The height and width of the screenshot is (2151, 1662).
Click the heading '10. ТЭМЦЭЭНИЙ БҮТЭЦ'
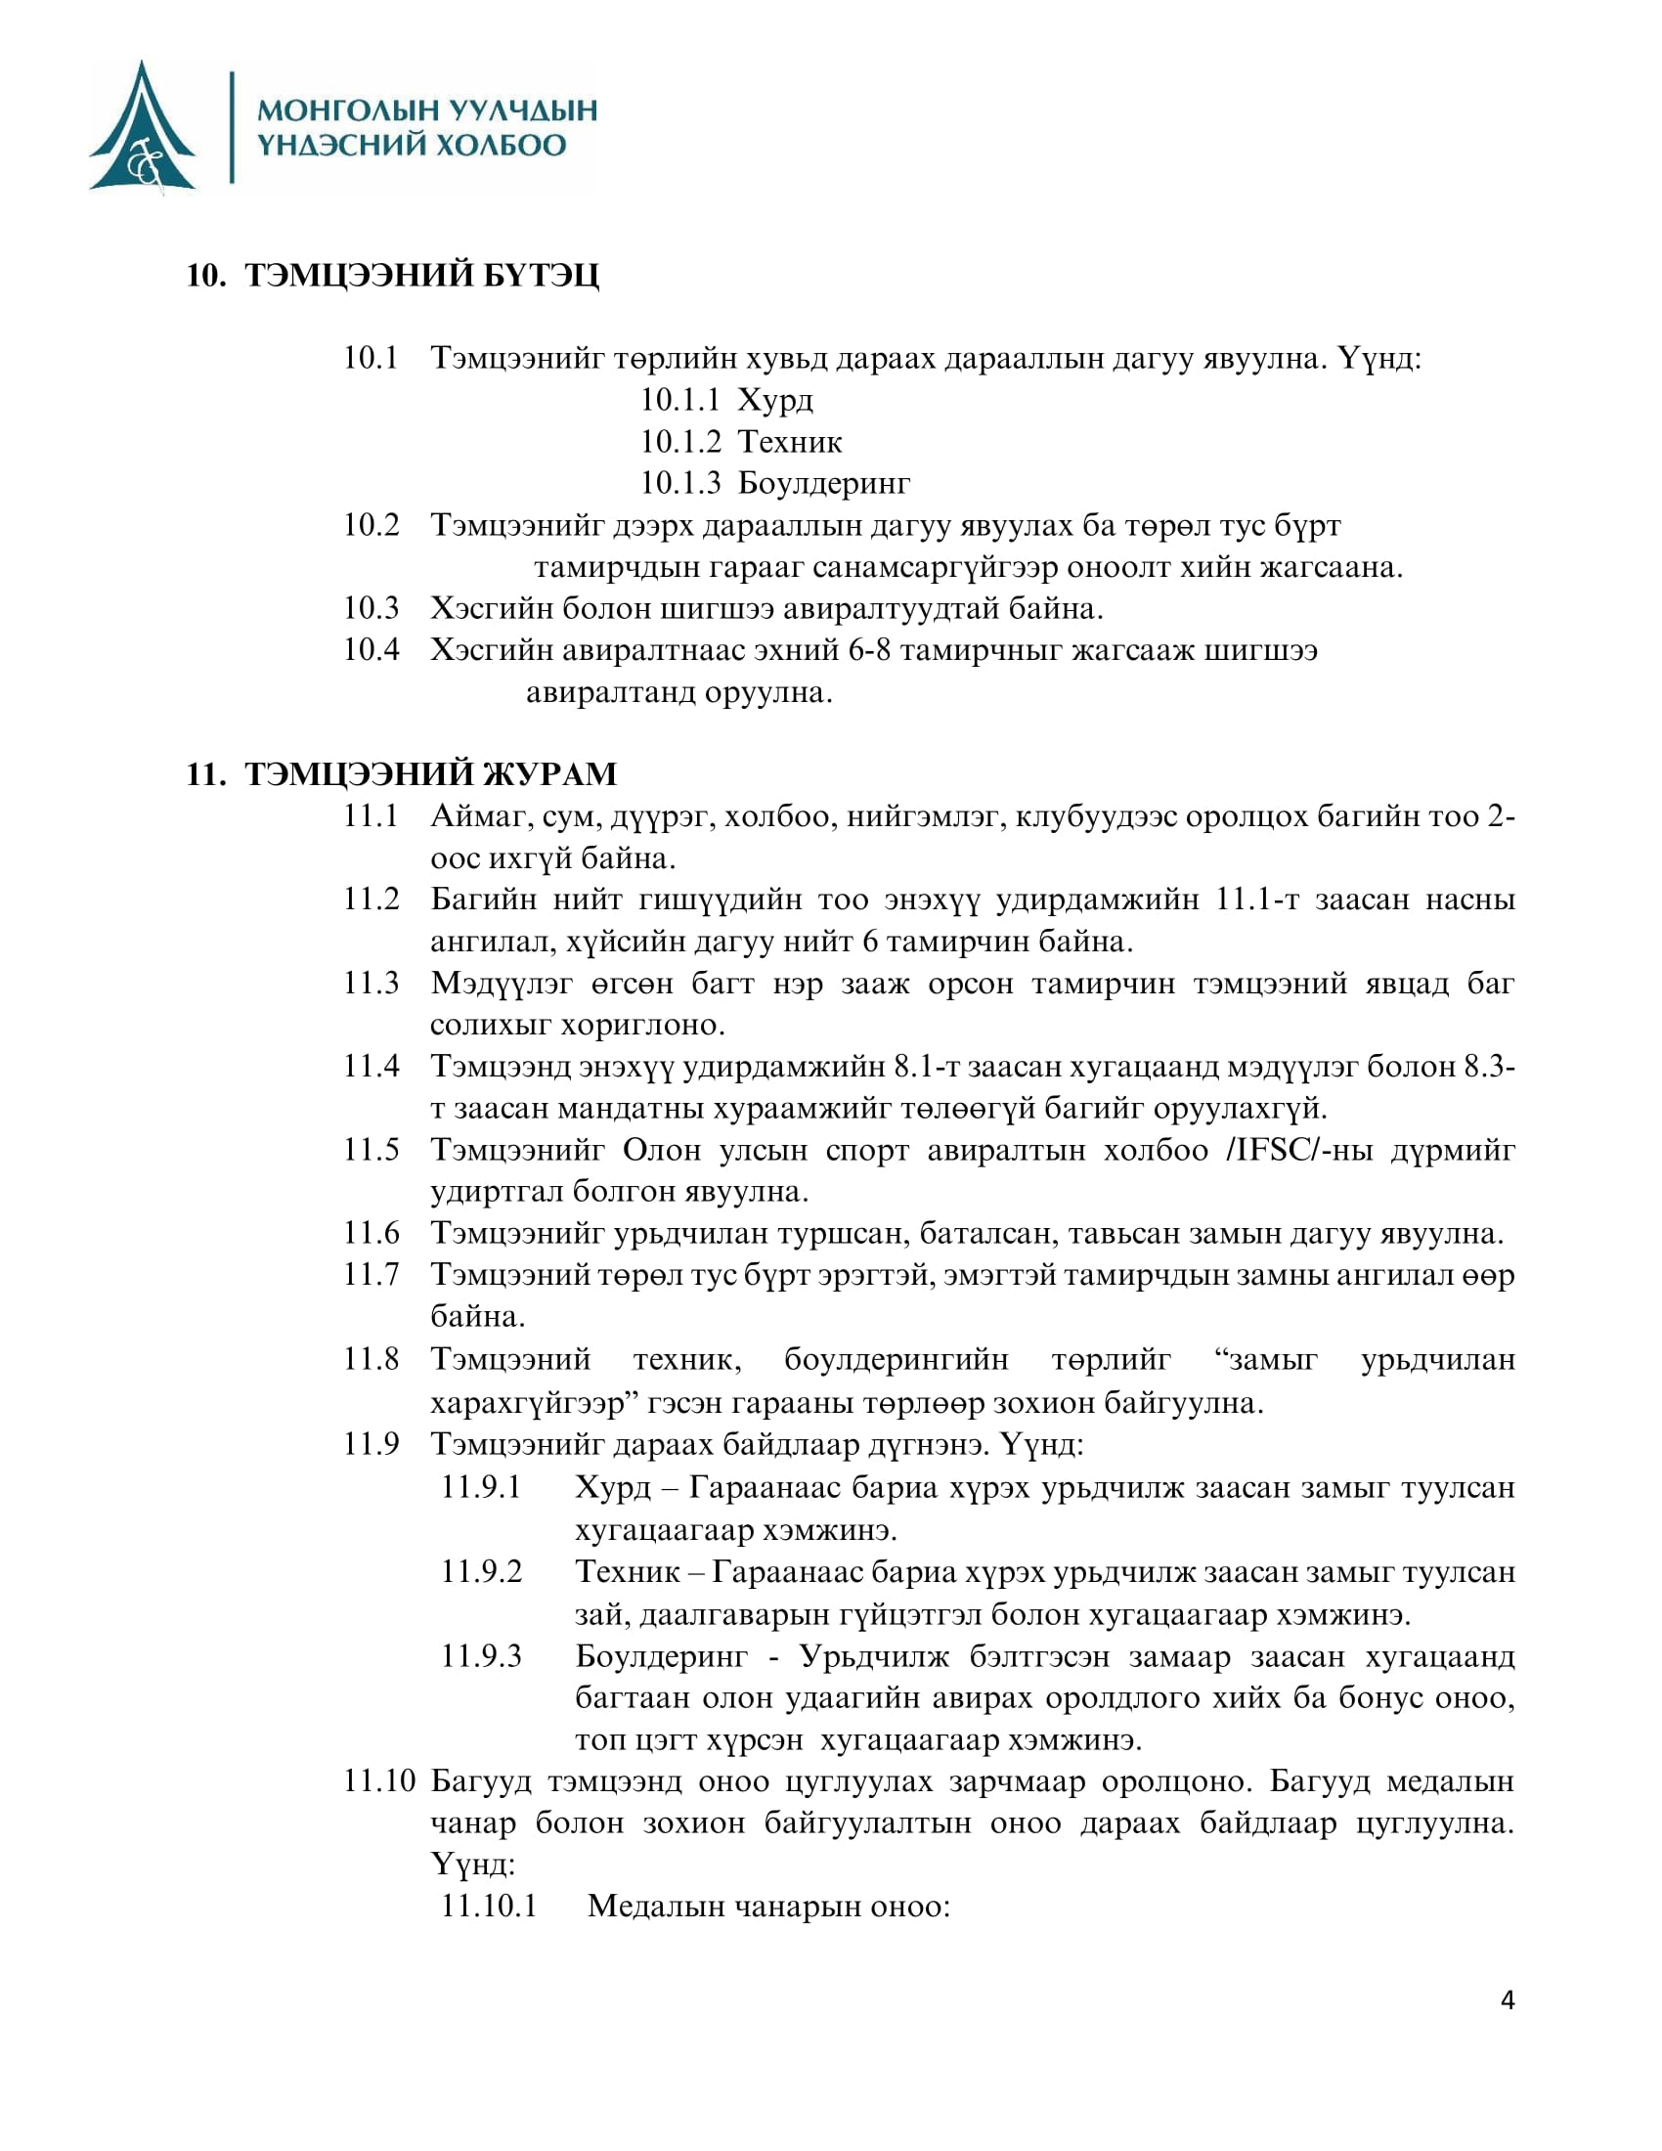point(392,276)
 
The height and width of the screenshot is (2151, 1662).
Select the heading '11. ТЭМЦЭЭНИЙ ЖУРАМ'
point(401,774)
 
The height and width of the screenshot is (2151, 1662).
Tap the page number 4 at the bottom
point(1508,2000)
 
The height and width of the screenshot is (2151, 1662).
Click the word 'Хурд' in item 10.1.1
point(775,400)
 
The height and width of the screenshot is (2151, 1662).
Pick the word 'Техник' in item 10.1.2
point(790,441)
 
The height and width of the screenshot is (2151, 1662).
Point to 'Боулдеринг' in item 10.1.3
point(823,484)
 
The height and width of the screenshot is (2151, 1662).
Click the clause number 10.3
point(372,609)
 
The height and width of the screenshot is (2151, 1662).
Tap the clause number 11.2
point(372,900)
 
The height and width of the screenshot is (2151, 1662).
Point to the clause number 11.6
point(372,1233)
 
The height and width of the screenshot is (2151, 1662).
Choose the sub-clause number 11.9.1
point(480,1487)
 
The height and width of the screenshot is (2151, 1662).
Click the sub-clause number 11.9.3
point(480,1655)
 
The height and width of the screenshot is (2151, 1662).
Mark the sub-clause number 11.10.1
point(489,1907)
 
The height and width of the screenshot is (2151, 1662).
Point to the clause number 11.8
point(372,1360)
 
